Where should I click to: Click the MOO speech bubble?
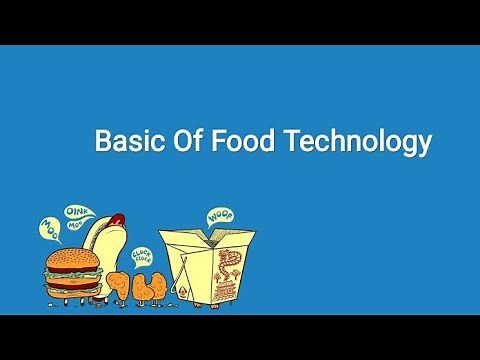[x=49, y=228]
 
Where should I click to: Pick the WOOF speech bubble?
[x=219, y=214]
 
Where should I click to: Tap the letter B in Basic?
[x=102, y=141]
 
